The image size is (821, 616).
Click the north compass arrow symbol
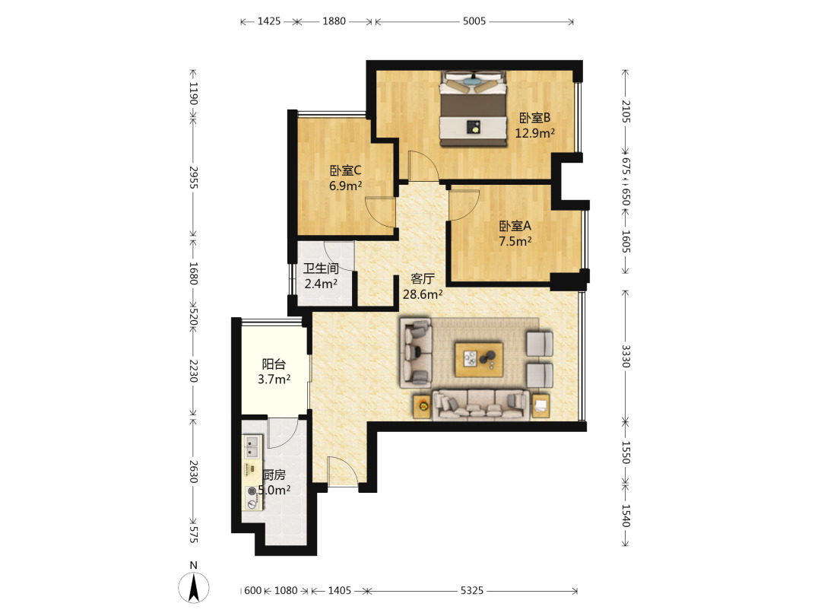point(194,586)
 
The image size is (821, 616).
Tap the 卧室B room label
point(534,118)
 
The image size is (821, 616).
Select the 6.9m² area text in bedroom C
point(346,186)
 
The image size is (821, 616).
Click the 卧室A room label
point(515,226)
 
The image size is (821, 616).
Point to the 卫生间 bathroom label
point(321,268)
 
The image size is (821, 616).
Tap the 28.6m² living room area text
point(423,294)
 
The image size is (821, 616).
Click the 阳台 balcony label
point(274,364)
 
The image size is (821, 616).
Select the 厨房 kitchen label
point(274,475)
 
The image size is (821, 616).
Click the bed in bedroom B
point(474,108)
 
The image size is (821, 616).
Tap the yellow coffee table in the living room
point(479,360)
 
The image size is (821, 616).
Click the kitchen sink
point(252,447)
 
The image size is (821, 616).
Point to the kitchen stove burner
point(252,491)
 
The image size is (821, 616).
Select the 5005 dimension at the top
point(474,21)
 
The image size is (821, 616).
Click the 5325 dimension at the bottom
point(472,590)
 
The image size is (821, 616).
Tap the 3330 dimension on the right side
point(626,356)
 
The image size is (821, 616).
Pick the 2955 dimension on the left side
point(193,177)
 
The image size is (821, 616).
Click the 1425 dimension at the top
point(269,21)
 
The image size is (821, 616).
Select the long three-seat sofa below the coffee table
point(480,405)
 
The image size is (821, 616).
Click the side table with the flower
point(423,406)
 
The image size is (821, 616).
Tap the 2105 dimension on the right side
point(626,112)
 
